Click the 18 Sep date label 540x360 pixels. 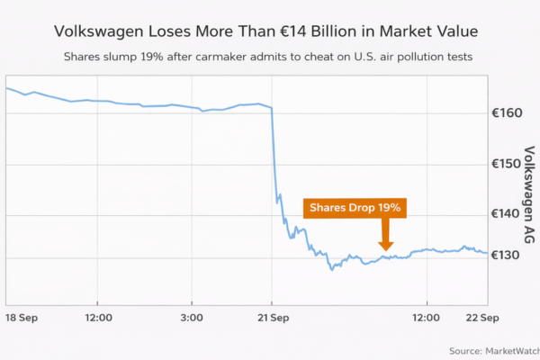[22, 319]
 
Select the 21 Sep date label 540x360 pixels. [272, 319]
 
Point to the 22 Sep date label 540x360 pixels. [482, 319]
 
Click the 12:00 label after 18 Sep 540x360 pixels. [98, 319]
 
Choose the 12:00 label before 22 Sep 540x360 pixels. [426, 319]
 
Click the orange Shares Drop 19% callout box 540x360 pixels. [355, 208]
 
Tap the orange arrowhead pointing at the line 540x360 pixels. [386, 243]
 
